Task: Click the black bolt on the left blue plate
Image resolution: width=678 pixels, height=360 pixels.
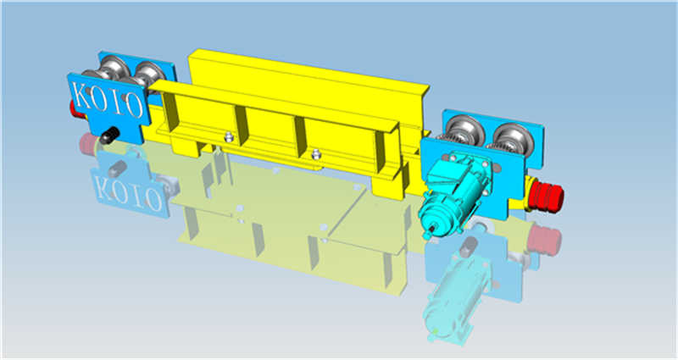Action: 109,135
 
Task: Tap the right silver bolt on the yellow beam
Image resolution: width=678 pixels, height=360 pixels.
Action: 315,154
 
